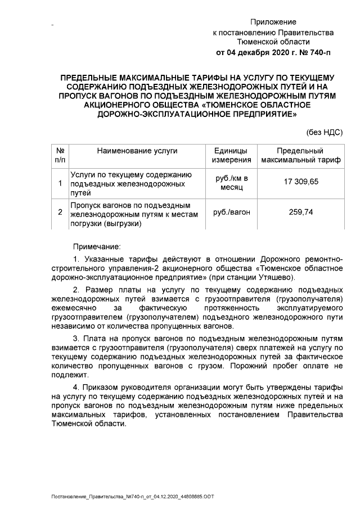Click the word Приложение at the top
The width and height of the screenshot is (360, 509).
pyautogui.click(x=273, y=22)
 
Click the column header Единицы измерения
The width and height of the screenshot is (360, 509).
pyautogui.click(x=231, y=156)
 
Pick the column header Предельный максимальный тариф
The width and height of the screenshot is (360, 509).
pyautogui.click(x=301, y=156)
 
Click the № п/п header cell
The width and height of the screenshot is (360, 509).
pyautogui.click(x=60, y=156)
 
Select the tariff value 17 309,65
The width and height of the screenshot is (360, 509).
pyautogui.click(x=301, y=182)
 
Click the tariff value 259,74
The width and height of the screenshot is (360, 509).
pyautogui.click(x=301, y=212)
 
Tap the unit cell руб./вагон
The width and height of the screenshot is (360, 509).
pyautogui.click(x=231, y=212)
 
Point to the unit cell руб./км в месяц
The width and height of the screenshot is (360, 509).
pyautogui.click(x=231, y=182)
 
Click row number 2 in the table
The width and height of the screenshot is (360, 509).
pyautogui.click(x=60, y=212)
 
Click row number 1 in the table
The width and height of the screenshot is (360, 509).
pyautogui.click(x=60, y=182)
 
